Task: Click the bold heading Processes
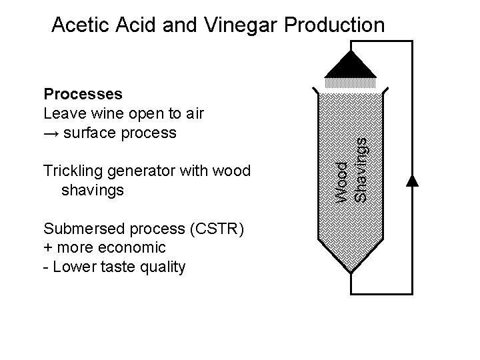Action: (x=83, y=93)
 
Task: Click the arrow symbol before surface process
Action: (x=51, y=133)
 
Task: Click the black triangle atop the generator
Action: (x=351, y=65)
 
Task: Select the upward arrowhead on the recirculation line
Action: (x=413, y=179)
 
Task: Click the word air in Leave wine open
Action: (x=194, y=113)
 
